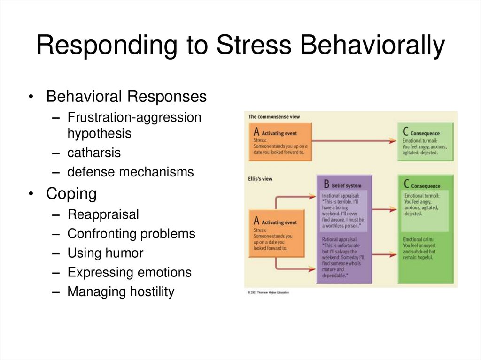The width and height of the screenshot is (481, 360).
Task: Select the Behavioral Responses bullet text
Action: tap(126, 97)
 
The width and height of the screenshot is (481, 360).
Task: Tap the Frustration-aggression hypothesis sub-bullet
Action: tap(134, 125)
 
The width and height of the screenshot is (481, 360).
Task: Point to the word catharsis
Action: tap(94, 153)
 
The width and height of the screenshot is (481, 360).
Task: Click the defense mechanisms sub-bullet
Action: tap(130, 172)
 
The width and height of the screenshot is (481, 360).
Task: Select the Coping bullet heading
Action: tap(71, 194)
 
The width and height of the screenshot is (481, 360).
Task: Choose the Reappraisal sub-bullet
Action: tap(103, 214)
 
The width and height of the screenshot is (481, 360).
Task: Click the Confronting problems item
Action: tap(131, 234)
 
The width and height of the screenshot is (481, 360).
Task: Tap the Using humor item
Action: tap(105, 253)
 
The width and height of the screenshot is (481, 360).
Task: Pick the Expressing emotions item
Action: tap(129, 272)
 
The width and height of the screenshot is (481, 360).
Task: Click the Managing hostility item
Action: tap(121, 291)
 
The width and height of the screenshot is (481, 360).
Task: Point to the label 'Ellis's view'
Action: tap(260, 179)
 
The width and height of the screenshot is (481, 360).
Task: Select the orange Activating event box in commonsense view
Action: tap(279, 142)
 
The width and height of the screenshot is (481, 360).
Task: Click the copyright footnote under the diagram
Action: tap(268, 292)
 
